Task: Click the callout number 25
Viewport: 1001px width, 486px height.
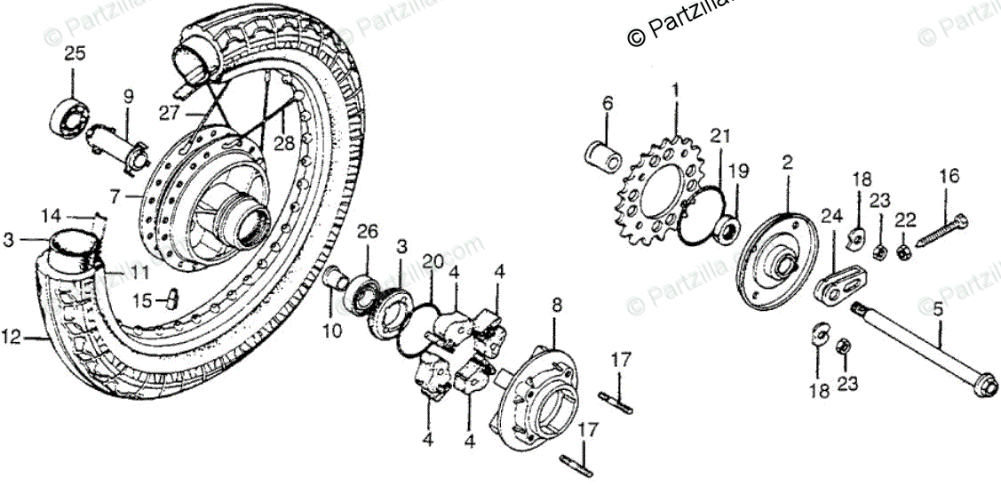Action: [x=75, y=53]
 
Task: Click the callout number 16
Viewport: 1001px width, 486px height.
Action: [x=949, y=176]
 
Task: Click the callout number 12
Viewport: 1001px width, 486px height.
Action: [x=11, y=337]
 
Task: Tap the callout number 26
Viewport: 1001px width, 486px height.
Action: [x=367, y=233]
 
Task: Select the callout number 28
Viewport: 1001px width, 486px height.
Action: [x=282, y=142]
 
